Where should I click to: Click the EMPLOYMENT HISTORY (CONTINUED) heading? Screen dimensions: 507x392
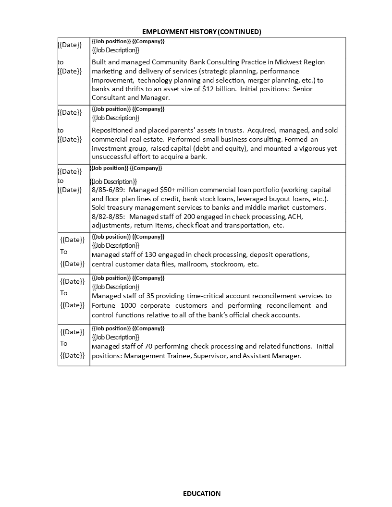[202, 32]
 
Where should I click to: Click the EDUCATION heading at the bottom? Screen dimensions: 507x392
[202, 494]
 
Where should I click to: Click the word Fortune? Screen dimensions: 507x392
[104, 305]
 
